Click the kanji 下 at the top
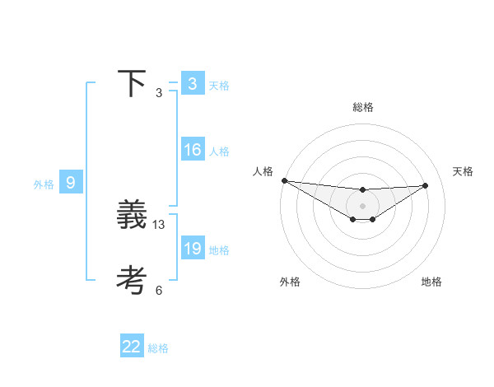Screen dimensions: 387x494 click(x=132, y=84)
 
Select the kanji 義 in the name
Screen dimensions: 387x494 click(x=132, y=216)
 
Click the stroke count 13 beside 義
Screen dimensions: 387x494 click(x=159, y=225)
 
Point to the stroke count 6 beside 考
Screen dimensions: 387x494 click(x=159, y=290)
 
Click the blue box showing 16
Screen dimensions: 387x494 click(x=192, y=150)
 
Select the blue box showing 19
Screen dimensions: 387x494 click(x=192, y=249)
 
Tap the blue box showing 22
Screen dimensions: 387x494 click(x=132, y=347)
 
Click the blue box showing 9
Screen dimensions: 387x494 click(x=71, y=183)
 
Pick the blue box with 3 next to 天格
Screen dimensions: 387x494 click(x=192, y=84)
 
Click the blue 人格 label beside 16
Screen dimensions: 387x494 click(x=219, y=152)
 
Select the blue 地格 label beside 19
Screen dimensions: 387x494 click(x=219, y=250)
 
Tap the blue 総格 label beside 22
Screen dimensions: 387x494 click(x=158, y=348)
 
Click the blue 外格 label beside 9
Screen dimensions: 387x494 click(x=44, y=184)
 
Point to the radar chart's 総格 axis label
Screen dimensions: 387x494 click(x=362, y=107)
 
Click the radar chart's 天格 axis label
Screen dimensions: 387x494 click(x=463, y=171)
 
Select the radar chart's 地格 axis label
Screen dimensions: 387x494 click(x=431, y=282)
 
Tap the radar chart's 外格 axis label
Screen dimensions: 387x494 click(x=290, y=282)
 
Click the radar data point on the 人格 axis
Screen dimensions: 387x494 click(x=284, y=180)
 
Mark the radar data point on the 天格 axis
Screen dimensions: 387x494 click(x=425, y=185)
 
